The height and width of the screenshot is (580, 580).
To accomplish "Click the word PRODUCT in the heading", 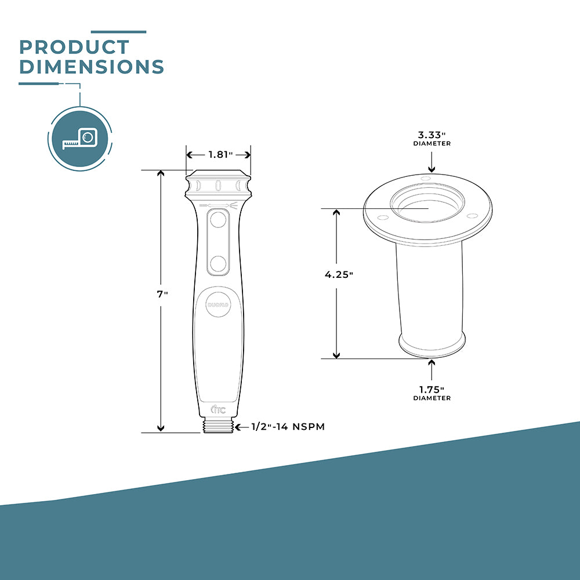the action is (74, 47).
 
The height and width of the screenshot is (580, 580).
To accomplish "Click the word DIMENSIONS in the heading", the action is (92, 67).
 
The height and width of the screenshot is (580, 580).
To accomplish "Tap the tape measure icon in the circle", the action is (80, 139).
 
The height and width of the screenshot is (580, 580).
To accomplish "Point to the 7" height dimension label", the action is (162, 294).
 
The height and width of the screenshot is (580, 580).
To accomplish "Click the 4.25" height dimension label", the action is (339, 274).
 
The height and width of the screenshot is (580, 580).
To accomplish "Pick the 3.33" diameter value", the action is (432, 135).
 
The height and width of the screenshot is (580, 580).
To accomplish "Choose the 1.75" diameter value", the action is (432, 390).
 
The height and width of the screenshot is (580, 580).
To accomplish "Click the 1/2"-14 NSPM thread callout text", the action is (288, 426).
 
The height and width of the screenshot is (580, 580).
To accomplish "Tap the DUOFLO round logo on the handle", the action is (218, 305).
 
